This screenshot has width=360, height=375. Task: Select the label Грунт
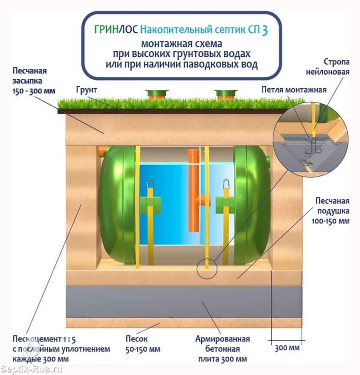pos(87,90)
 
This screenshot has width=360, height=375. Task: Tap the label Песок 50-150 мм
pos(143,344)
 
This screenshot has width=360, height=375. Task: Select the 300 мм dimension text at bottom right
pos(287,348)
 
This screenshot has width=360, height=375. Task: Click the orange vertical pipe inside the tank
pos(193,191)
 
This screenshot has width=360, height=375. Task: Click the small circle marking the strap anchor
pos(207,268)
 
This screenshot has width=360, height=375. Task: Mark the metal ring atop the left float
pos(150,184)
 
